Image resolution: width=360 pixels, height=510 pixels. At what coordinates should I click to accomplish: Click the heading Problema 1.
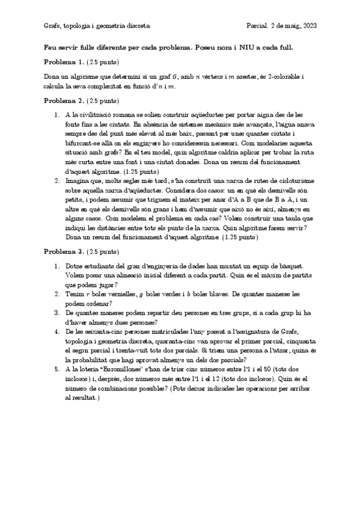64,62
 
